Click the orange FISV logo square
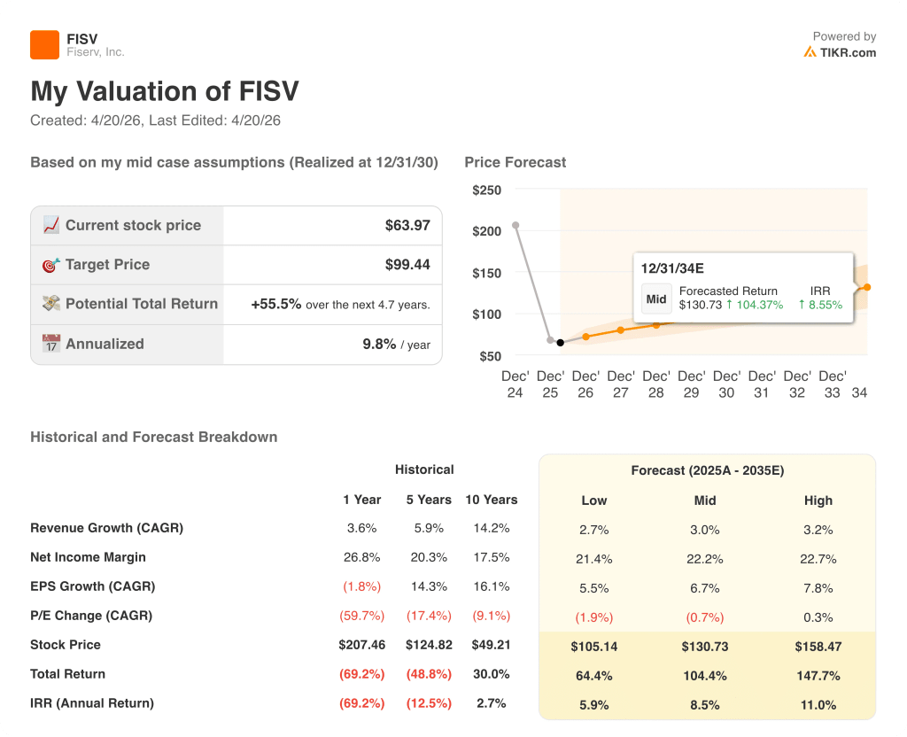tap(44, 44)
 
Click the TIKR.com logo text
tap(847, 52)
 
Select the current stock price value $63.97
tap(407, 225)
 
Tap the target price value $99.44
tap(407, 264)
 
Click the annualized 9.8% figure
tap(379, 344)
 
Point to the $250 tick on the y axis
tap(486, 190)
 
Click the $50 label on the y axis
tap(490, 356)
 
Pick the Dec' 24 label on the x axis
tap(515, 384)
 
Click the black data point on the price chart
tap(560, 342)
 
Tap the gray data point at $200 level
tap(516, 225)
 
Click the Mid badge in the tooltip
tap(656, 299)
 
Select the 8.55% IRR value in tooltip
tap(820, 305)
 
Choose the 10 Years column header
tap(491, 500)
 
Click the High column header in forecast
tap(818, 500)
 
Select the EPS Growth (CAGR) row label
tap(92, 586)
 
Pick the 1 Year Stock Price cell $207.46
tap(361, 645)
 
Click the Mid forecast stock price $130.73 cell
tap(704, 647)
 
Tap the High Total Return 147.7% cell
tap(818, 676)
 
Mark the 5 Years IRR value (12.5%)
tap(428, 703)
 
